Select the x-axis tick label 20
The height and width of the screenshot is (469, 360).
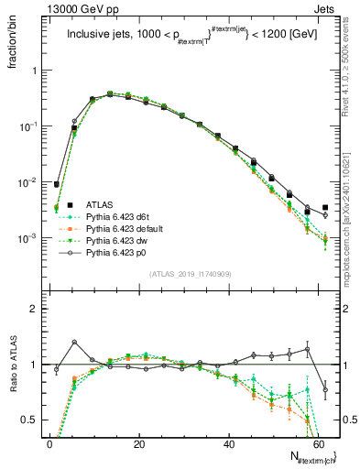click(x=138, y=444)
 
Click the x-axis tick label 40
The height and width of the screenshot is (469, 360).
click(x=228, y=444)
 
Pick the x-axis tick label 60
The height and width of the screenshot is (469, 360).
click(x=317, y=444)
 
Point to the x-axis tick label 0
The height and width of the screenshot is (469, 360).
click(x=49, y=444)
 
